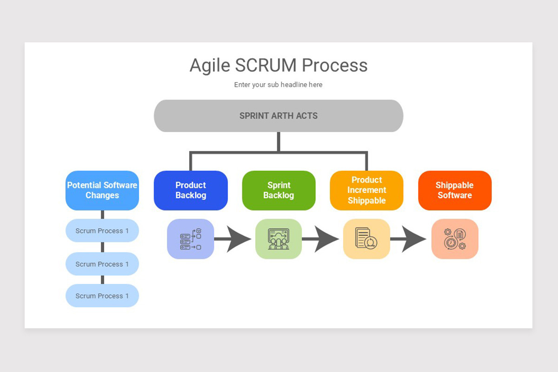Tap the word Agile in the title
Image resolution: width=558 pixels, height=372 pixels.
tap(210, 66)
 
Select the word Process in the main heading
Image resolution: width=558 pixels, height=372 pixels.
tap(335, 66)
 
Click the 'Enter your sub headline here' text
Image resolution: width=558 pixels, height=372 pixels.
tap(278, 85)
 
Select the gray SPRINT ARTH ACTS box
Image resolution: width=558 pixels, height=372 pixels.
tap(278, 116)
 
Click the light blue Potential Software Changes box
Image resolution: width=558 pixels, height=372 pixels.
tap(102, 190)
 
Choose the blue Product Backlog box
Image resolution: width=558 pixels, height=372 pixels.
tap(191, 190)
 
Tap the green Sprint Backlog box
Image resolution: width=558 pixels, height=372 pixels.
tap(279, 190)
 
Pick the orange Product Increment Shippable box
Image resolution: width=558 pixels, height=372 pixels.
tap(366, 190)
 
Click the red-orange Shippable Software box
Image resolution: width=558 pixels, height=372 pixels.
tap(454, 190)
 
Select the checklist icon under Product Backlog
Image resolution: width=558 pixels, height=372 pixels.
tap(190, 239)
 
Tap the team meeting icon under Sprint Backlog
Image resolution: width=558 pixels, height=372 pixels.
tap(279, 239)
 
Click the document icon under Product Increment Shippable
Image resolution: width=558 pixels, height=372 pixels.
tap(366, 239)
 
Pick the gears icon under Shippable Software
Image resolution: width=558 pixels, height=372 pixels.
tap(454, 239)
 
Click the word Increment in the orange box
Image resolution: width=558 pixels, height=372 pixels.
tap(366, 190)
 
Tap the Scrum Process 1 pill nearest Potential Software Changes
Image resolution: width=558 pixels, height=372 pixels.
tap(102, 231)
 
